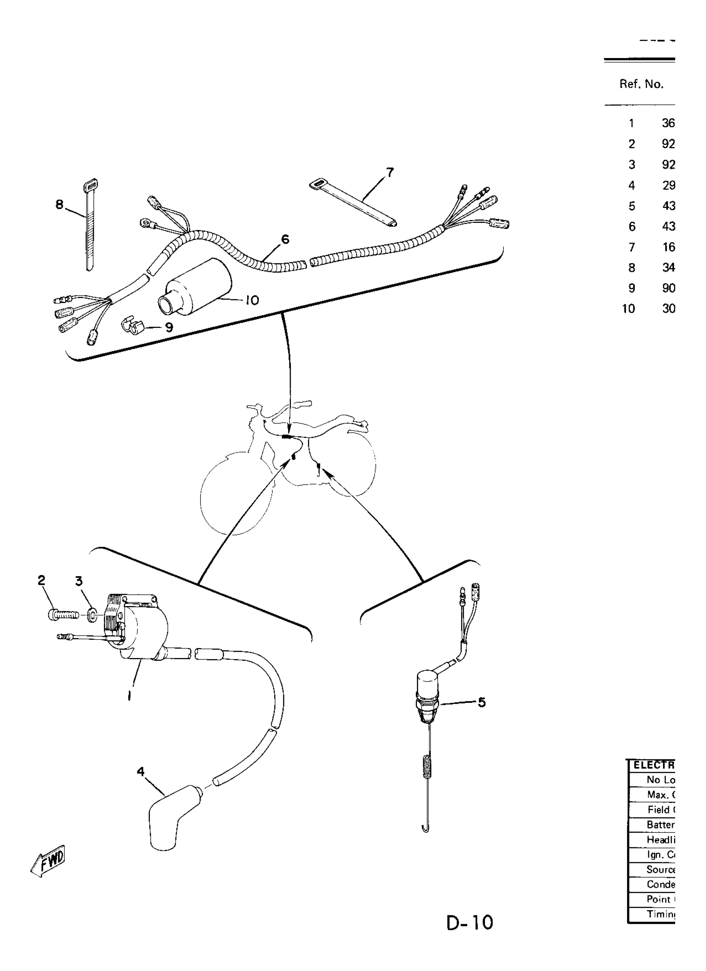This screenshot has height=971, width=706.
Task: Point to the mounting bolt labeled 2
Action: [x=64, y=616]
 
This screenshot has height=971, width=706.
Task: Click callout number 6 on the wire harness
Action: [x=285, y=239]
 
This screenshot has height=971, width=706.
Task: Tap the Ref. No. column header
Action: [x=641, y=84]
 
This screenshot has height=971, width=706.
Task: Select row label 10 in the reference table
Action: [x=628, y=309]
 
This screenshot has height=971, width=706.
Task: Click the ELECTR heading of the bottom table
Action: [x=653, y=765]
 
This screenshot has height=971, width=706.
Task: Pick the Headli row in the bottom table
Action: [x=660, y=839]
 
